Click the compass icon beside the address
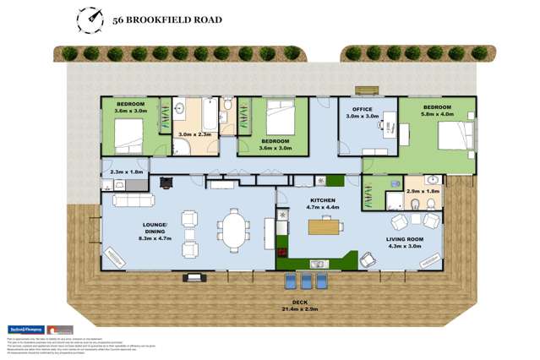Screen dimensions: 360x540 (87, 18)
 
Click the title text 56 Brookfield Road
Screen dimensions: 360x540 (167, 19)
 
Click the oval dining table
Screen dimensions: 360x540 (232, 226)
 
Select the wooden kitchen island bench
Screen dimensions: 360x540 (325, 226)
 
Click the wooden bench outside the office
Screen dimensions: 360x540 (366, 90)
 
